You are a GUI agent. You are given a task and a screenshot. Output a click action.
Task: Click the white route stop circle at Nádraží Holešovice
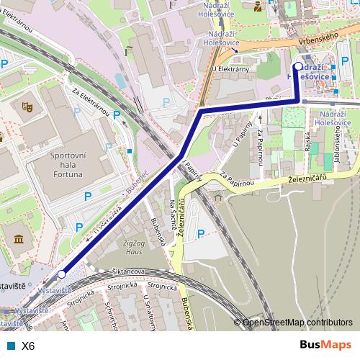298,66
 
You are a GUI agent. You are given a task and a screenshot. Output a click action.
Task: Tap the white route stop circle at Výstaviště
62,274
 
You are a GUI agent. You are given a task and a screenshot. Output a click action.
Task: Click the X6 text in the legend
28,346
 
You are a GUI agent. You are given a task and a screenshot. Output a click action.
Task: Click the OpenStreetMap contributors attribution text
297,323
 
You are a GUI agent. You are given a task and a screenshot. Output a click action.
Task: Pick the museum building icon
17,238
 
